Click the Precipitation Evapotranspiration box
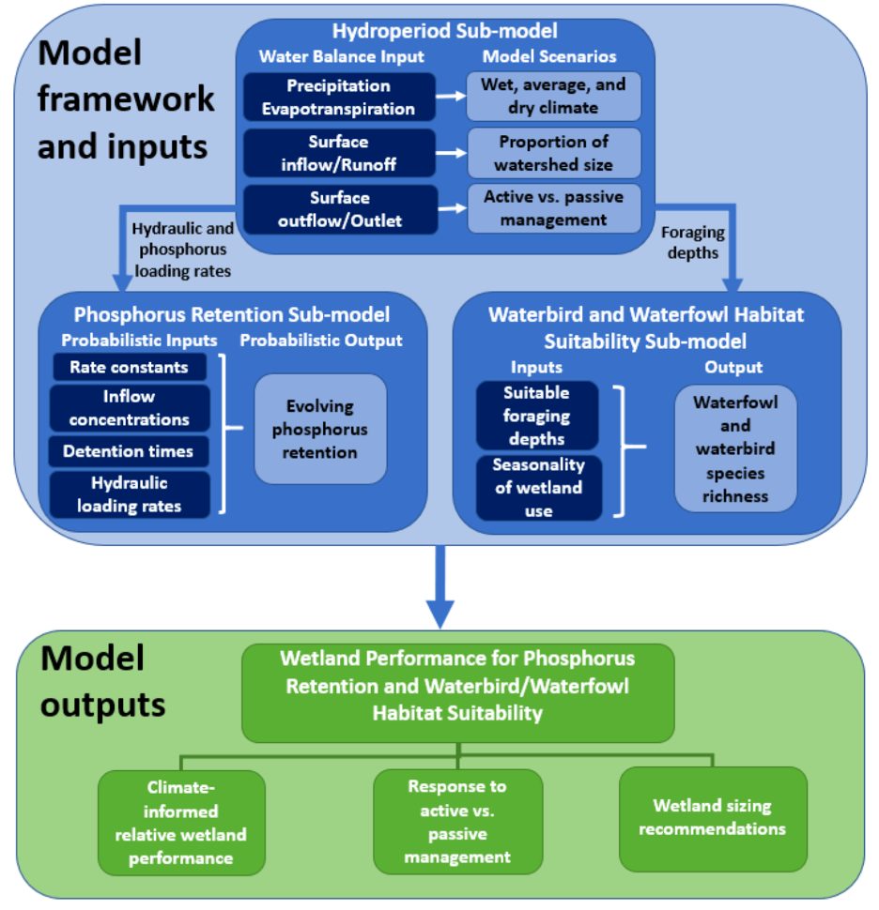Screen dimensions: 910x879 [339, 98]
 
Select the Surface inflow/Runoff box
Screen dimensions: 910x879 [339, 153]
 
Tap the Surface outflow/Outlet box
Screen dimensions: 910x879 [339, 209]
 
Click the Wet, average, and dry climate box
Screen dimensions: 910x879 [553, 97]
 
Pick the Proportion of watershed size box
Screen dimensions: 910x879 [553, 154]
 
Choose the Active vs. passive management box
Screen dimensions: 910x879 [553, 208]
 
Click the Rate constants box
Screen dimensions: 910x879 [129, 367]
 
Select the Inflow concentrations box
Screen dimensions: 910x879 [129, 409]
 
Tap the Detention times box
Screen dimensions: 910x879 [129, 451]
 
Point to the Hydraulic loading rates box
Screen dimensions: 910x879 [129, 494]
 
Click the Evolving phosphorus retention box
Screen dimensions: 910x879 [320, 430]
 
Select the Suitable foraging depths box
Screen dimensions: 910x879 [537, 415]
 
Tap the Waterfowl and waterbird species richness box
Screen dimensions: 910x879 [735, 448]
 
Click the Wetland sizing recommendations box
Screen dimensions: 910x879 [713, 817]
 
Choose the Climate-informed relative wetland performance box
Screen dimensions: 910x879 [181, 823]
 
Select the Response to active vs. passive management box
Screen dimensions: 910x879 [457, 822]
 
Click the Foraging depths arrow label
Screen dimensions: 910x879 [693, 242]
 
